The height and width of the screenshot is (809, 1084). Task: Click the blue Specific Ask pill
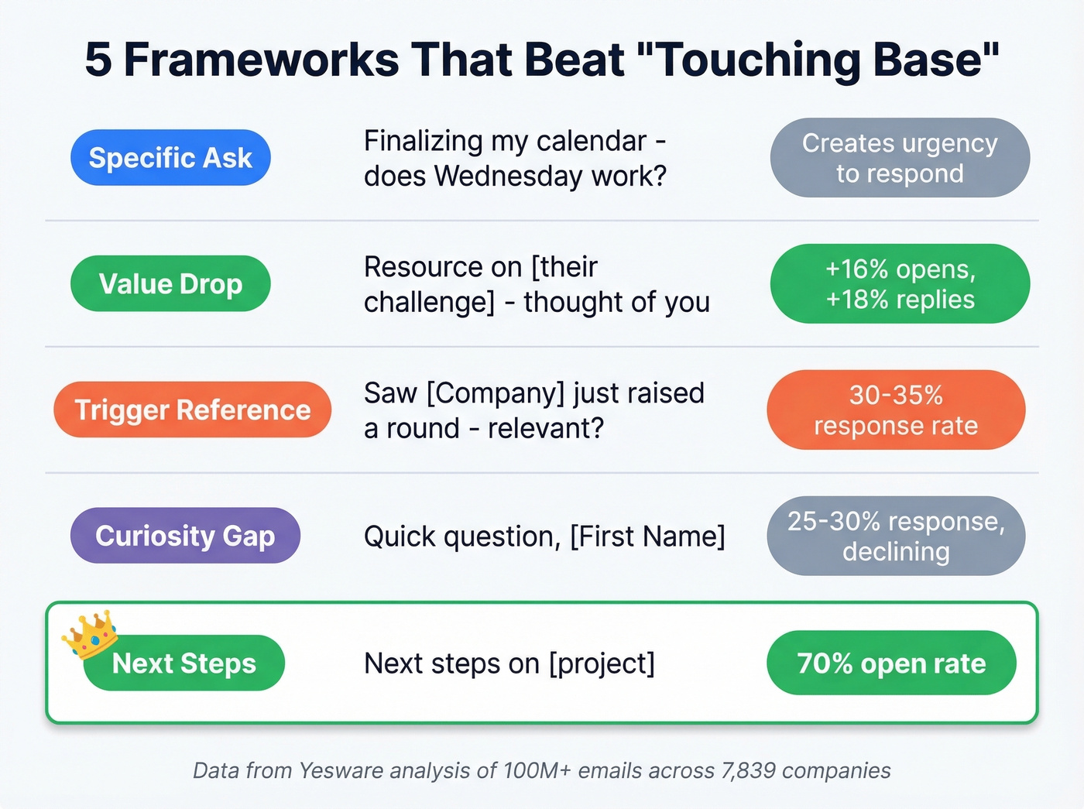(170, 158)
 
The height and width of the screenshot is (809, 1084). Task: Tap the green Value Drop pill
(170, 284)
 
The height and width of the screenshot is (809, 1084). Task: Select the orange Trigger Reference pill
(192, 410)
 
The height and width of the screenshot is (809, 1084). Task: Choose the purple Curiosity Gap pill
(185, 536)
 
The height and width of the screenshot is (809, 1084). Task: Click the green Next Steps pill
(184, 663)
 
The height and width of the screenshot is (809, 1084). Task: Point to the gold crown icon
(90, 632)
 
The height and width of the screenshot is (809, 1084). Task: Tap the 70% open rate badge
(891, 663)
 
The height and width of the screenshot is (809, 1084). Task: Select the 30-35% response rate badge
(896, 410)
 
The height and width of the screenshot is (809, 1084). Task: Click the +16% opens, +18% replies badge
(900, 284)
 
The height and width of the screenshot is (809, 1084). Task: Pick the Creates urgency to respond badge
(900, 158)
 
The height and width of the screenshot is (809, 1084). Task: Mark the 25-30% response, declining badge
(896, 536)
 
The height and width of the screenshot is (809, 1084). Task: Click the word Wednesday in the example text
(509, 177)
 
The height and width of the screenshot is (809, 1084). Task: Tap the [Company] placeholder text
(496, 393)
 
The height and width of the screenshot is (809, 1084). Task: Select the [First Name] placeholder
(647, 536)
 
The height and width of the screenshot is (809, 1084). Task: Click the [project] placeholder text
(602, 663)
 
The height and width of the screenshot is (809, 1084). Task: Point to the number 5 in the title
(98, 60)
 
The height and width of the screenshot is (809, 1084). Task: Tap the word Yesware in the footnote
(341, 771)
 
